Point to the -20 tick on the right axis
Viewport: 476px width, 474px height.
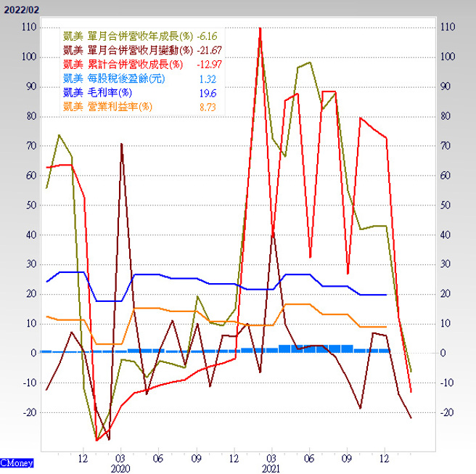[x=448, y=412]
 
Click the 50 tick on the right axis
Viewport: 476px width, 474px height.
[x=446, y=205]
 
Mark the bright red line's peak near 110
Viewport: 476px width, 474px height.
[x=260, y=28]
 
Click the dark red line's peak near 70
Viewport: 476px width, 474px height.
[x=121, y=144]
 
